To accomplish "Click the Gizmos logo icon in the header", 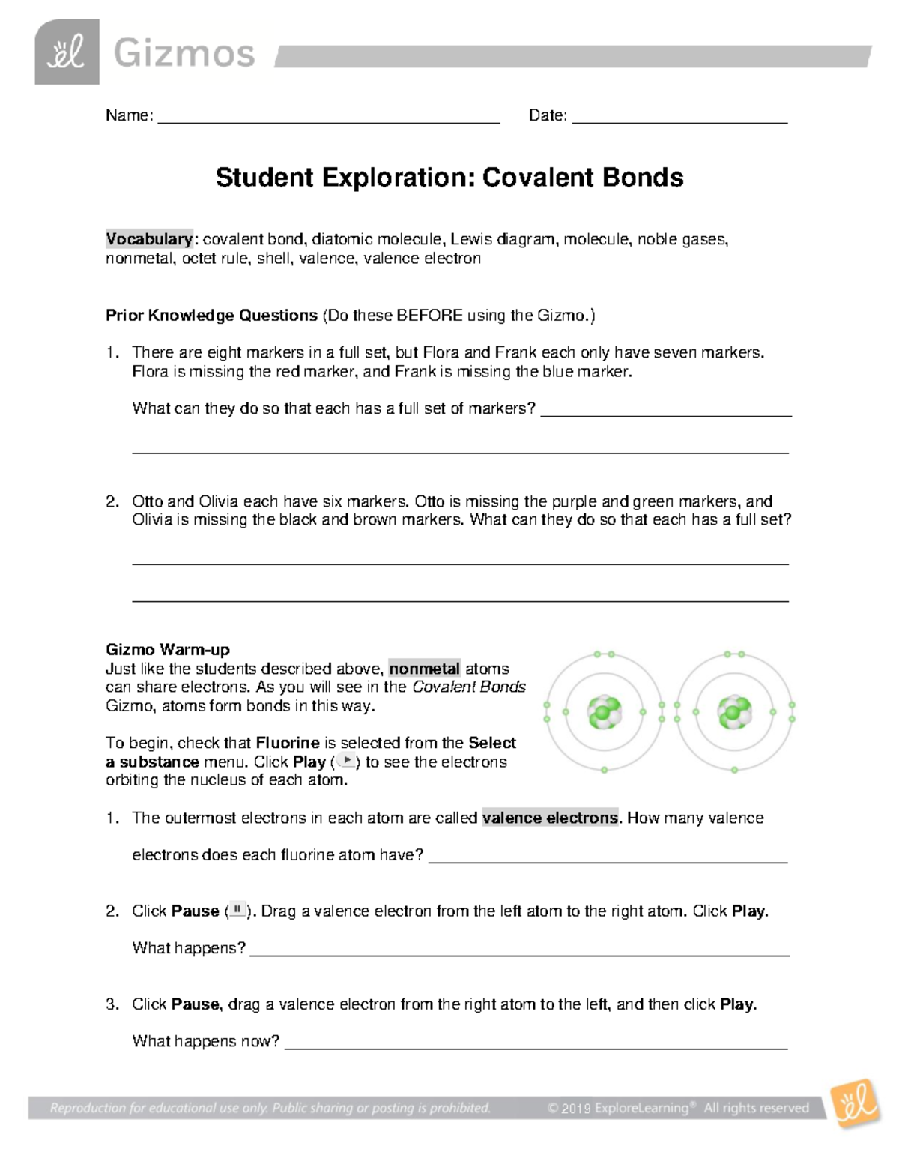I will [67, 52].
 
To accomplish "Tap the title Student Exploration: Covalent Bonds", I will [449, 178].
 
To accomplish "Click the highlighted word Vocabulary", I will [149, 239].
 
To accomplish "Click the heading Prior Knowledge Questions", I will [211, 316].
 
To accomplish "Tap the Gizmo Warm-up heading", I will [167, 650].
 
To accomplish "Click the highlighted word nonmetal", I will [424, 669].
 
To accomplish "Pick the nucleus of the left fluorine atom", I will [604, 712].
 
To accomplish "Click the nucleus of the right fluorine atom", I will [734, 712].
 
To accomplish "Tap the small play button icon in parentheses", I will [347, 761].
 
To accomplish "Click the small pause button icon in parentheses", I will [237, 910].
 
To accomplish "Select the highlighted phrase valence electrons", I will [551, 818].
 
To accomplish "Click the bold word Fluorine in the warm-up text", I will [288, 743].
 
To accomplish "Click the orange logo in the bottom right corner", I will [854, 1103].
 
